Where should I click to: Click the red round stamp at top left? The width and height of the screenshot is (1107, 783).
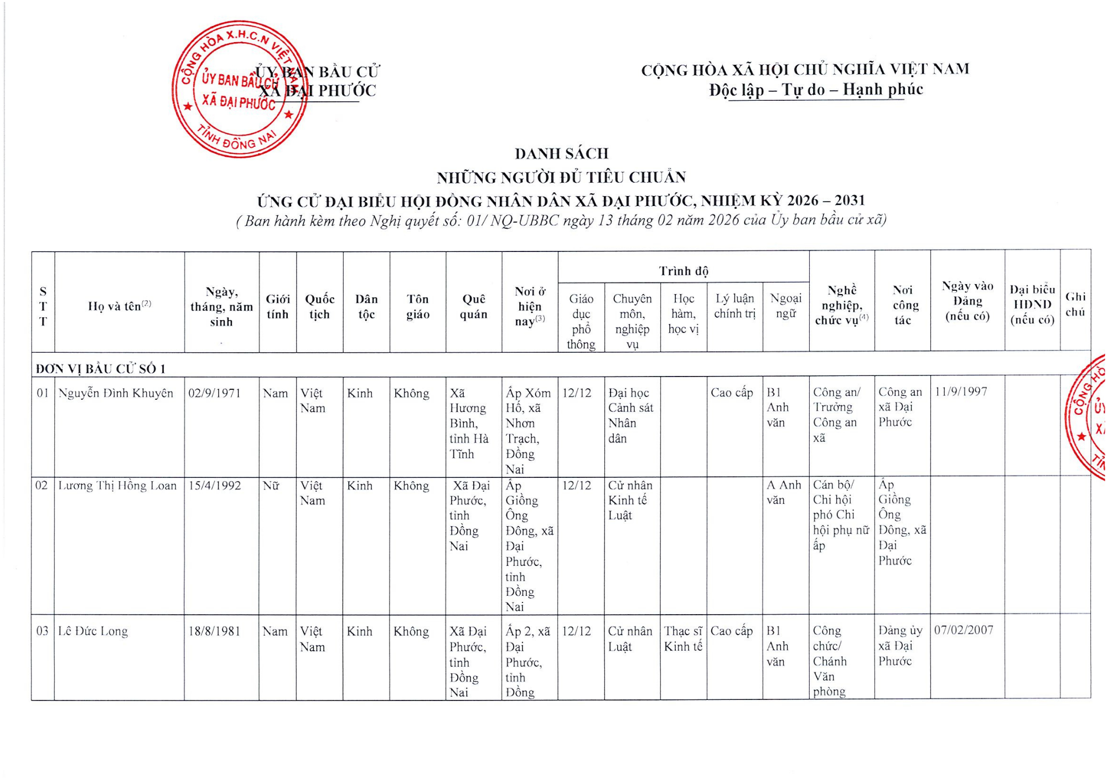(240, 90)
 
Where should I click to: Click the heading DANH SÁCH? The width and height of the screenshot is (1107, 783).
(561, 153)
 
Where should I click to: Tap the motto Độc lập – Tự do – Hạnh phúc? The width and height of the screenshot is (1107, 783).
(816, 90)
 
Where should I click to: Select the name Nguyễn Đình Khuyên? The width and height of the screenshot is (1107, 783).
(116, 393)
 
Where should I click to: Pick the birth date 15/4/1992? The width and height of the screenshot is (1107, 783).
(215, 486)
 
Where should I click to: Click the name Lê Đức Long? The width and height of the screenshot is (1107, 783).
(93, 631)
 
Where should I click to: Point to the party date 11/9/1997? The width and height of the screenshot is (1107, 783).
(961, 391)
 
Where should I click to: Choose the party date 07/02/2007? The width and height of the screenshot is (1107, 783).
(964, 630)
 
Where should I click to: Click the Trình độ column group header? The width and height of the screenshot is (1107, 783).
(683, 271)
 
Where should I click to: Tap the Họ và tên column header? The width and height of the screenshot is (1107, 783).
(119, 306)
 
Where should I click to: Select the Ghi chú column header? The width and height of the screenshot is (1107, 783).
(1075, 304)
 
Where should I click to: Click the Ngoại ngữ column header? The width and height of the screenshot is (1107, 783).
(785, 306)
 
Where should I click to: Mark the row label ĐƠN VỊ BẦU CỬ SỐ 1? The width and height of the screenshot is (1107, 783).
(101, 369)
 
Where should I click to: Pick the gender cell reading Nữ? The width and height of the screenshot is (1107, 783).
(271, 486)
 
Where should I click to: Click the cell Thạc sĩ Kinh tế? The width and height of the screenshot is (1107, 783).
(683, 638)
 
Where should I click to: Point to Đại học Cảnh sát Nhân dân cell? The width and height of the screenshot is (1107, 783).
(630, 415)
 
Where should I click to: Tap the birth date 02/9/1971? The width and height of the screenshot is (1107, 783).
(215, 393)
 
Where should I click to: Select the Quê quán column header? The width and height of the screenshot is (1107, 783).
(473, 306)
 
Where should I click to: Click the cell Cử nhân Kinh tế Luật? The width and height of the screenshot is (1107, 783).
(630, 500)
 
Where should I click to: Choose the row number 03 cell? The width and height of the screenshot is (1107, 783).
(43, 631)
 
